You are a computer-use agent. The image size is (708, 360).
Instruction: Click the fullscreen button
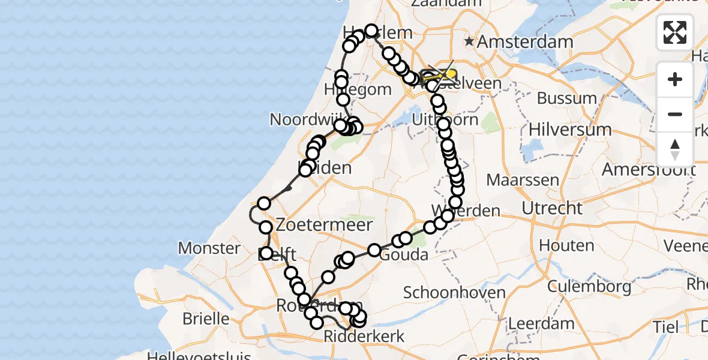(x=675, y=32)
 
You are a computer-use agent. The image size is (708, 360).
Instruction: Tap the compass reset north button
(x=675, y=149)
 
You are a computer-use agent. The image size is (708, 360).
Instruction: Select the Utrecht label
(x=552, y=208)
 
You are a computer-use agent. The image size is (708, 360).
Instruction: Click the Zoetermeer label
(x=324, y=226)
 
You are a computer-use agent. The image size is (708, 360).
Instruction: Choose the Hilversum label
(x=570, y=129)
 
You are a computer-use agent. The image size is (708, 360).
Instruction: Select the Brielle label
(x=206, y=318)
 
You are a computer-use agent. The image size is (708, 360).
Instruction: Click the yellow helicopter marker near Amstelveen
(x=447, y=74)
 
